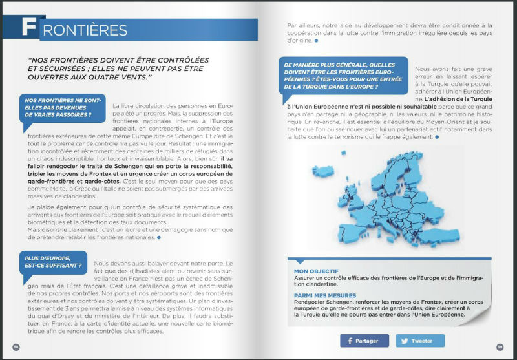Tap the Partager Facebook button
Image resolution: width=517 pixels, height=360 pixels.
click(364, 341)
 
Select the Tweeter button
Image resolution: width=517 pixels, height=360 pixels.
click(421, 341)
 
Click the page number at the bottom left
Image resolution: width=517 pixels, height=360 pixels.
click(17, 347)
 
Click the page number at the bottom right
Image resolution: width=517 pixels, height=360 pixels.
click(500, 347)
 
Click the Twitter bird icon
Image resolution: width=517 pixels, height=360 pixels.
click(406, 341)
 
